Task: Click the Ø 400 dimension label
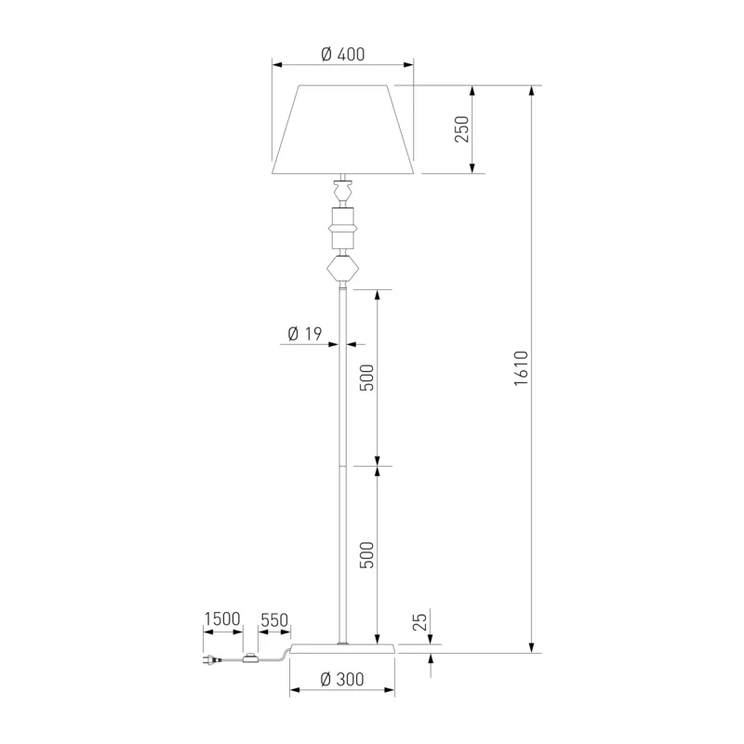[x=343, y=55]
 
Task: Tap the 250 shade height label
[x=461, y=129]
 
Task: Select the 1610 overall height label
[x=521, y=368]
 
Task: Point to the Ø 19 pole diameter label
[x=305, y=334]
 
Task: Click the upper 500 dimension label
[x=366, y=378]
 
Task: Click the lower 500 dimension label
[x=366, y=554]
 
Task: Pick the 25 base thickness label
[x=420, y=621]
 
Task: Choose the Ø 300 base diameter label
[x=342, y=680]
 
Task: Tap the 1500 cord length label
[x=222, y=618]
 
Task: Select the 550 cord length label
[x=274, y=619]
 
